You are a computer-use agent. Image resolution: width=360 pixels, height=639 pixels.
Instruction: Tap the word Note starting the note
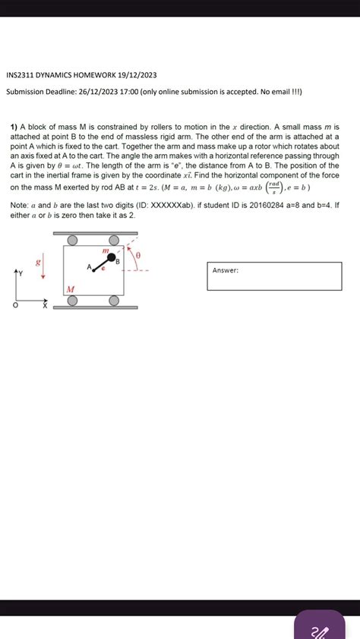18,205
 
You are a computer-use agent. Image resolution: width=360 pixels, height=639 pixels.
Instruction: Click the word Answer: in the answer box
226,270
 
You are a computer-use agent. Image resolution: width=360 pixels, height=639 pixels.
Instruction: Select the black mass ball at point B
112,257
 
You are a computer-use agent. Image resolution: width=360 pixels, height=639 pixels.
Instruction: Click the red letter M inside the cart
70,289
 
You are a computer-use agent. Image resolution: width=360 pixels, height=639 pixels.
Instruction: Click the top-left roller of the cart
72,241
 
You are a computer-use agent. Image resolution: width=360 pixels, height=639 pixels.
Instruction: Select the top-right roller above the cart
115,241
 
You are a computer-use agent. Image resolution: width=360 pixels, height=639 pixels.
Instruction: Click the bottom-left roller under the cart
72,301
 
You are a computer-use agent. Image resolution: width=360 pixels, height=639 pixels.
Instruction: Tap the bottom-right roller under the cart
114,301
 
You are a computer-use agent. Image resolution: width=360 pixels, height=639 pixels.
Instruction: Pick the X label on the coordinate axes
44,307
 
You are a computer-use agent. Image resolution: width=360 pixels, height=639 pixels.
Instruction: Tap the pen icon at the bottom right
320,629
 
